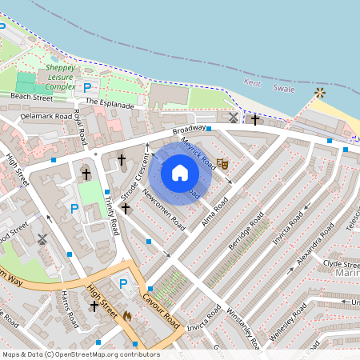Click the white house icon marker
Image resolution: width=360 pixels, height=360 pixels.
[180, 173]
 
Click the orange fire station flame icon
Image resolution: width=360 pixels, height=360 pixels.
[127, 316]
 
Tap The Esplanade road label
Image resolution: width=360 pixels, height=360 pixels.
[111, 102]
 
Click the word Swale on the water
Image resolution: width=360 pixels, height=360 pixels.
[284, 90]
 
